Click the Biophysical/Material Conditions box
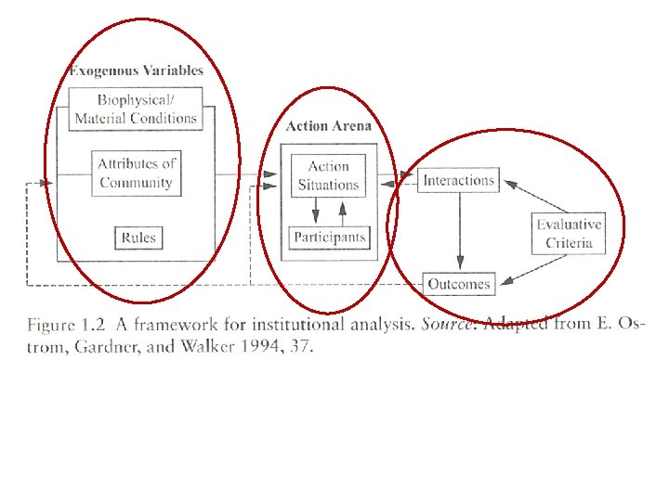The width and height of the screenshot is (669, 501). point(136,109)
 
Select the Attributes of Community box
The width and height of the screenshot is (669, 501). point(137,173)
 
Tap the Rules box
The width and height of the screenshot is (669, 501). point(138,238)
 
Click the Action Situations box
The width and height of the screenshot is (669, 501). point(328,175)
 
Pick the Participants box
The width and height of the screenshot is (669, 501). point(330,238)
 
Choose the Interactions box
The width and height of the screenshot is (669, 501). point(459,180)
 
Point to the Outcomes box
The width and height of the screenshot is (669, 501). point(459,284)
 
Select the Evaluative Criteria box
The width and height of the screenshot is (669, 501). point(569,234)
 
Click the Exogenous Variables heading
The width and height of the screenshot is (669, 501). point(136,70)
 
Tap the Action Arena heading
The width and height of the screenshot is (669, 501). point(328,126)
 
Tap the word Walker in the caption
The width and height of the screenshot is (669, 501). point(196,347)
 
